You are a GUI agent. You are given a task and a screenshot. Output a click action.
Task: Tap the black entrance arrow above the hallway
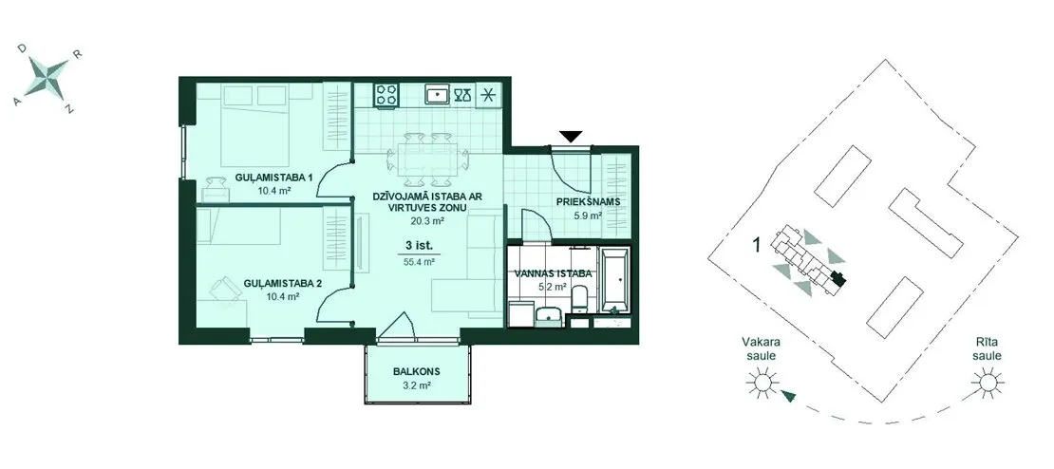[571, 137]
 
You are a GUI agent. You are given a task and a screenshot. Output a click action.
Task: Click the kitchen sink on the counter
[438, 95]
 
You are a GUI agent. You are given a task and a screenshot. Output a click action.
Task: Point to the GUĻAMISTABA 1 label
[266, 178]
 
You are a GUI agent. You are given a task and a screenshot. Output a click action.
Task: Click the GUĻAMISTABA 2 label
[282, 284]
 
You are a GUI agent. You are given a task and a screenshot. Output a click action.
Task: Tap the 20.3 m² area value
[428, 219]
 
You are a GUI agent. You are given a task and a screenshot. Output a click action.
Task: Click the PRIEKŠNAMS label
[588, 201]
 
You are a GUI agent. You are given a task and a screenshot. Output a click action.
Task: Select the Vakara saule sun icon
[762, 383]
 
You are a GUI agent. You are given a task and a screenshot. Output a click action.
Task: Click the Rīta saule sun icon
[988, 383]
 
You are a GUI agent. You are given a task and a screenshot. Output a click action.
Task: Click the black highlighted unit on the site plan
[838, 277]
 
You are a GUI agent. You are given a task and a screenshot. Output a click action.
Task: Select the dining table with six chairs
[427, 159]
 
